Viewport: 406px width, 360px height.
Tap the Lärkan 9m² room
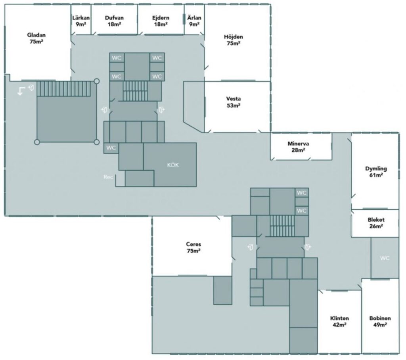[x=81, y=21]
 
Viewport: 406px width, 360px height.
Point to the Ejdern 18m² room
[x=161, y=21]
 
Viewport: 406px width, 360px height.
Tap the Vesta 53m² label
[x=233, y=102]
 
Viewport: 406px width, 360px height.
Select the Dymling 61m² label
[x=376, y=171]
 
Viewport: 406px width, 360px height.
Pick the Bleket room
[x=376, y=223]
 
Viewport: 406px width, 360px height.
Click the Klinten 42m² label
[x=339, y=321]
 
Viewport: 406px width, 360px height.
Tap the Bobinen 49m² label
[x=380, y=321]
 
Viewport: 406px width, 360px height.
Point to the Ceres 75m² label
[x=193, y=247]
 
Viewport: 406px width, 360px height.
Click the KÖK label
[x=173, y=165]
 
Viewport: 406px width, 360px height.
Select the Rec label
[x=108, y=177]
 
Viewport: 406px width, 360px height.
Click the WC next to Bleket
[x=385, y=258]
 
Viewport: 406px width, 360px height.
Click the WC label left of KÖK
[x=111, y=148]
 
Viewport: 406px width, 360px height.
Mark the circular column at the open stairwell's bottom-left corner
[x=37, y=142]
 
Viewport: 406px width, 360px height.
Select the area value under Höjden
[x=234, y=44]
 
